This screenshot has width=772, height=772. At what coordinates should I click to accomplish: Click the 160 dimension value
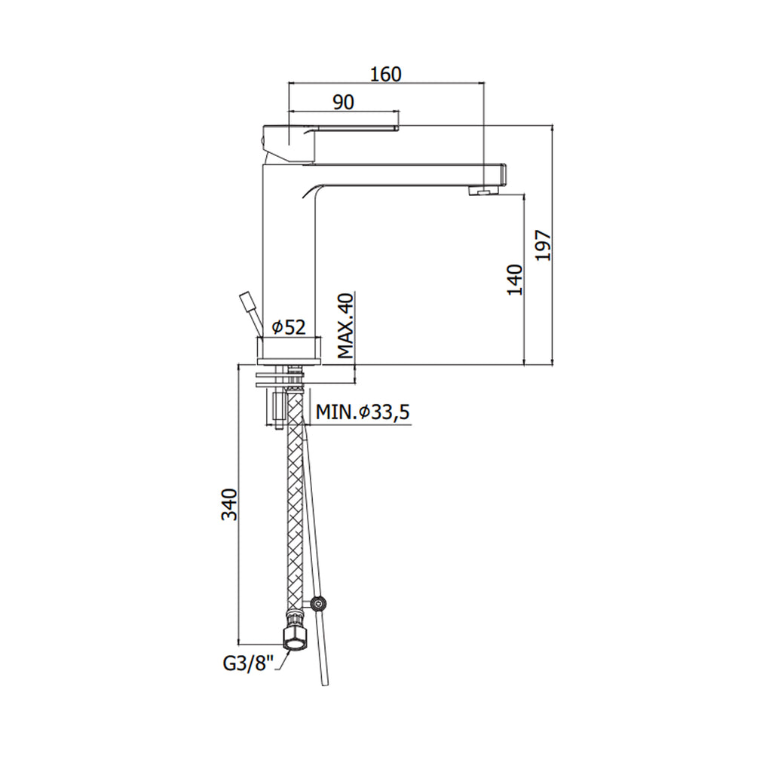tap(386, 74)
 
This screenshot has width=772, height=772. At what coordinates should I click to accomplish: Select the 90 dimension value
tap(344, 103)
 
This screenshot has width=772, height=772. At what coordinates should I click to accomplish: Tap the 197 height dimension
tap(544, 244)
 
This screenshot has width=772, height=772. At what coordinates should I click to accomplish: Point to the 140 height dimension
tap(515, 280)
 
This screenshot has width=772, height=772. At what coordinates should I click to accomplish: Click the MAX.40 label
tap(345, 326)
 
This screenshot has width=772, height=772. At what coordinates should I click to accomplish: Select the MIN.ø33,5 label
tap(362, 412)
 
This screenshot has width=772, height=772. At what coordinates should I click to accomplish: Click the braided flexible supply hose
tap(295, 513)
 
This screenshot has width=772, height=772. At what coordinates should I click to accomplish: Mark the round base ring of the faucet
tap(290, 350)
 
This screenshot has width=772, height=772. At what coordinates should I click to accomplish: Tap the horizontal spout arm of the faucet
tap(407, 175)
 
